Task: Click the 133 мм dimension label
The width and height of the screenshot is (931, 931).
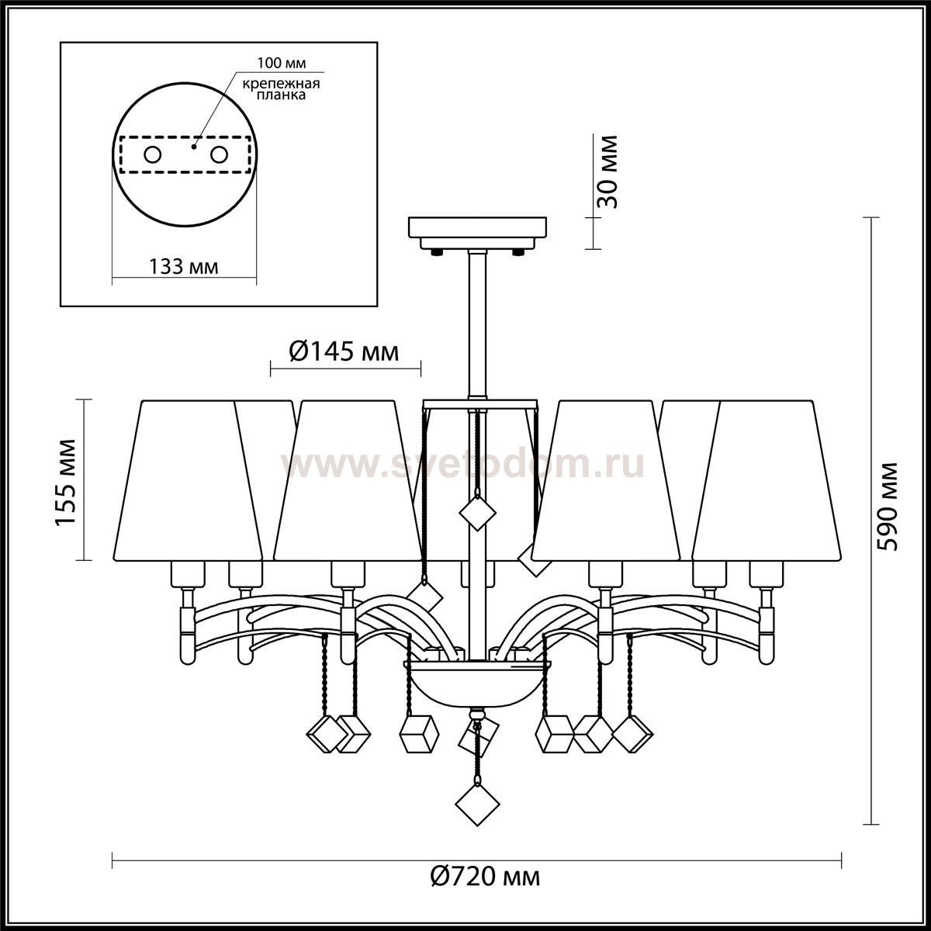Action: [x=184, y=267]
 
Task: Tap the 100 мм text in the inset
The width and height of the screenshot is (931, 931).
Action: [x=281, y=64]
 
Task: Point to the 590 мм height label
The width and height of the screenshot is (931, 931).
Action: [x=888, y=507]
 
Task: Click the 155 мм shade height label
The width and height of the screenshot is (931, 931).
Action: [x=64, y=482]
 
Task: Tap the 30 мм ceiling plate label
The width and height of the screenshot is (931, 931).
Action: [x=607, y=172]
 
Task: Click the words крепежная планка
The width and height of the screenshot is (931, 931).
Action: [x=281, y=89]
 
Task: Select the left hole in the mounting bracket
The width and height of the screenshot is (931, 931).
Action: [x=153, y=155]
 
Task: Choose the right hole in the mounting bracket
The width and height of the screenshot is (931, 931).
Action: [x=219, y=155]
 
